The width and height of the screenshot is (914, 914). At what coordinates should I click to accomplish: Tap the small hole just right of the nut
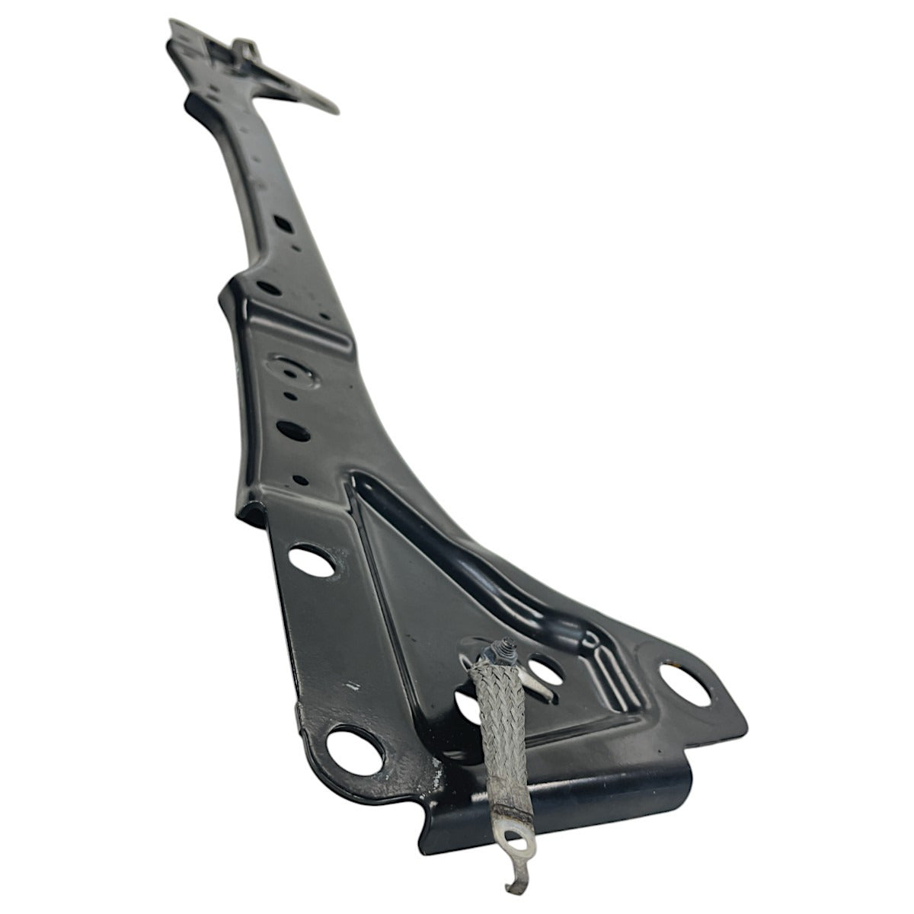tap(544, 670)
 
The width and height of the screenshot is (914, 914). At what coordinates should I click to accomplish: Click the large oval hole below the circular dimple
tap(292, 430)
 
